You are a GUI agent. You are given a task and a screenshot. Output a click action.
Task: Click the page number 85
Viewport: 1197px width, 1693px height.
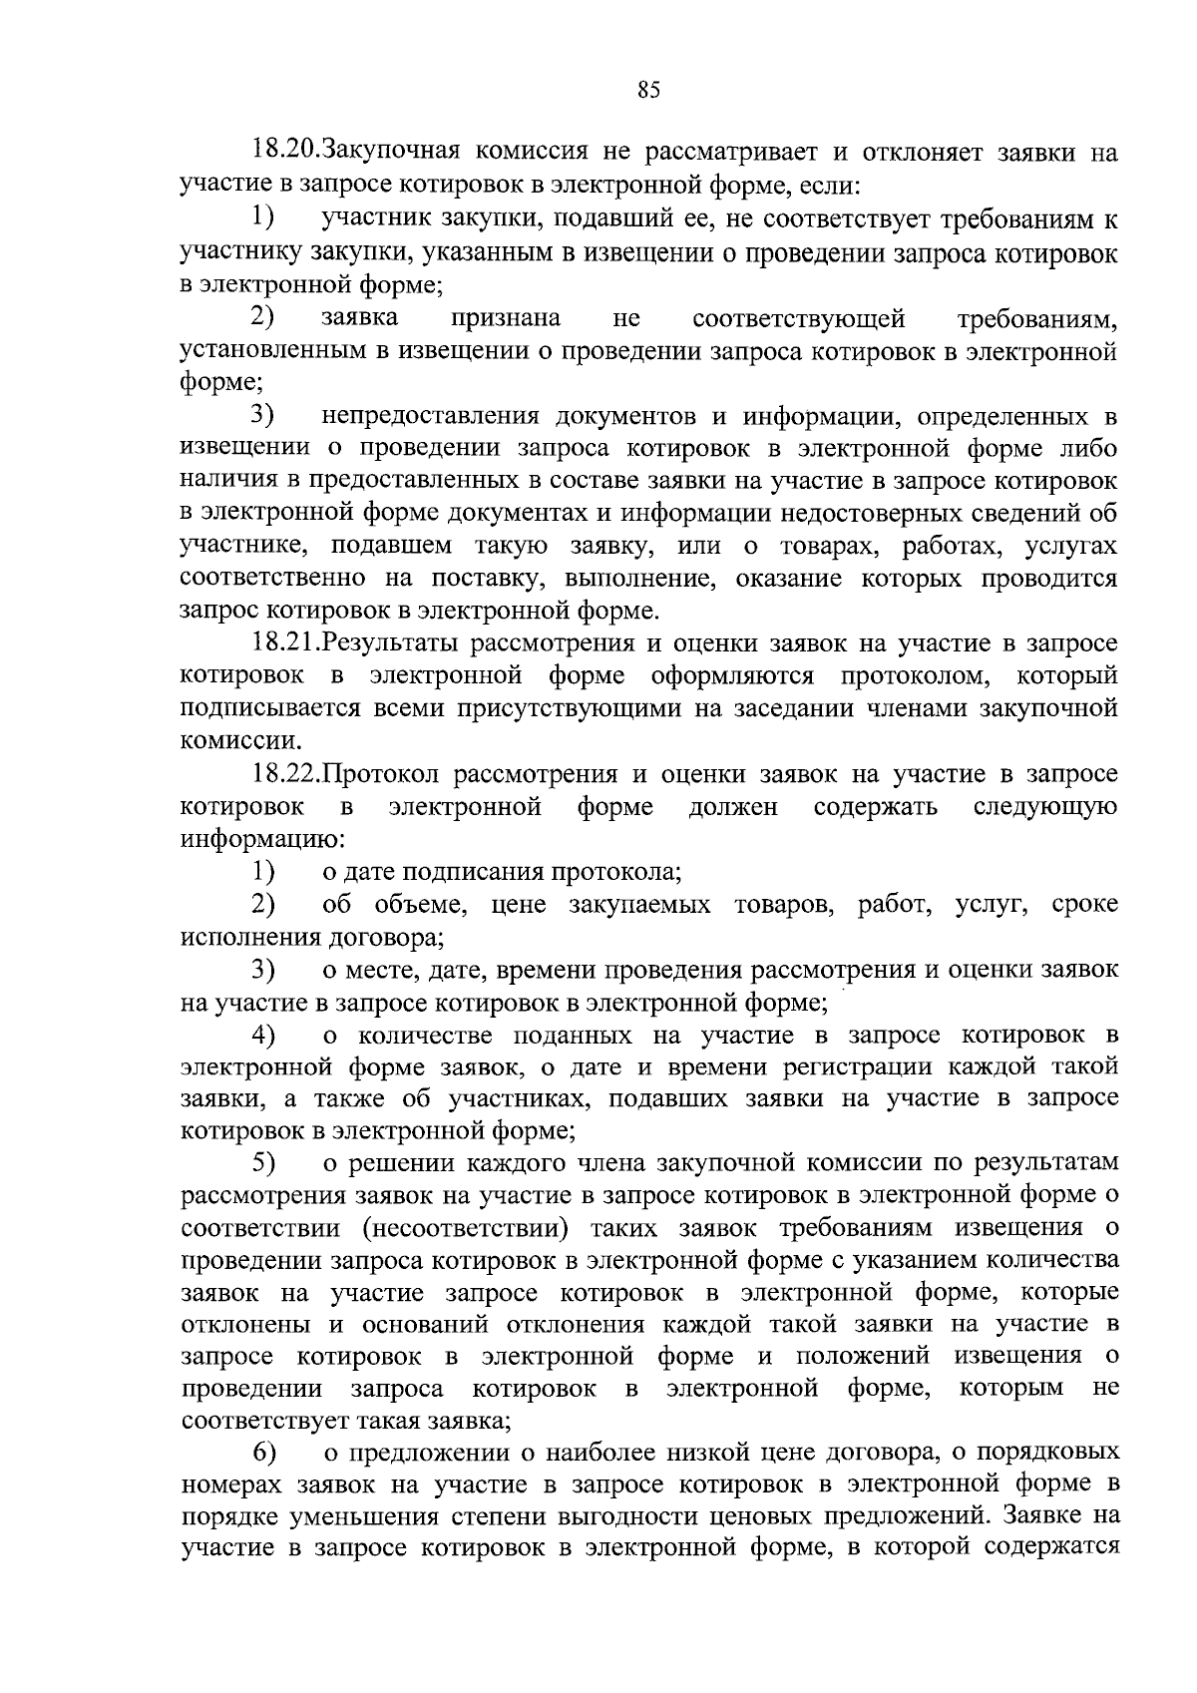[648, 91]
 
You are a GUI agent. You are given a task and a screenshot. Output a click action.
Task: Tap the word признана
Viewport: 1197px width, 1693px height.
[505, 318]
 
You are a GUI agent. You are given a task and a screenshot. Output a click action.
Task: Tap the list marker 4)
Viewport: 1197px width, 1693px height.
[263, 1035]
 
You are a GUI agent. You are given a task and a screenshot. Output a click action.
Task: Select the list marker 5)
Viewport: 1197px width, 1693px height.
[263, 1163]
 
